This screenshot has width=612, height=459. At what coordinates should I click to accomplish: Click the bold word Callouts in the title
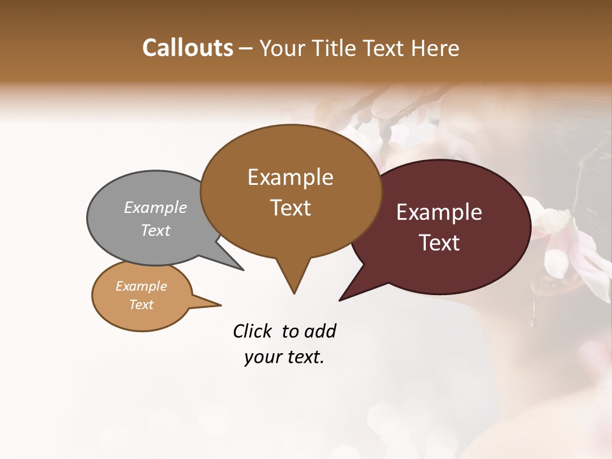[x=187, y=48]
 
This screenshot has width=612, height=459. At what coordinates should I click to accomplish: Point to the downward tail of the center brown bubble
[x=293, y=277]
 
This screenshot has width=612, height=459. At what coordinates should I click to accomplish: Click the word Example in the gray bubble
[x=156, y=207]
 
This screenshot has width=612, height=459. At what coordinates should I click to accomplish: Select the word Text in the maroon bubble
[x=439, y=243]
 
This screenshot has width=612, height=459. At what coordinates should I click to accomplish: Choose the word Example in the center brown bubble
[x=290, y=177]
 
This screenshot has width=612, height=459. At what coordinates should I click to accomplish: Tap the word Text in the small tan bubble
[x=142, y=305]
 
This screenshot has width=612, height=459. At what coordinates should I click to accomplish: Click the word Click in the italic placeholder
[x=253, y=331]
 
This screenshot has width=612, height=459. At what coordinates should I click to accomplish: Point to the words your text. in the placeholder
[x=284, y=358]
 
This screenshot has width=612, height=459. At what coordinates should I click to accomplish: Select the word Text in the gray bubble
[x=156, y=230]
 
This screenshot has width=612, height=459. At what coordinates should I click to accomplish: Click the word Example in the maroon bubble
[x=439, y=212]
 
